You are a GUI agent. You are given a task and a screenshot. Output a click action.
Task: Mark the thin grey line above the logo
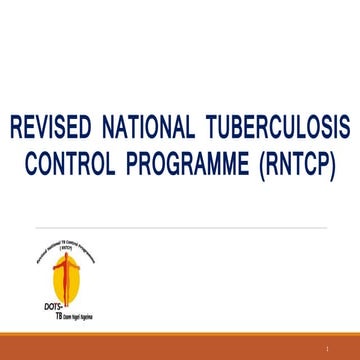(180, 228)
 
